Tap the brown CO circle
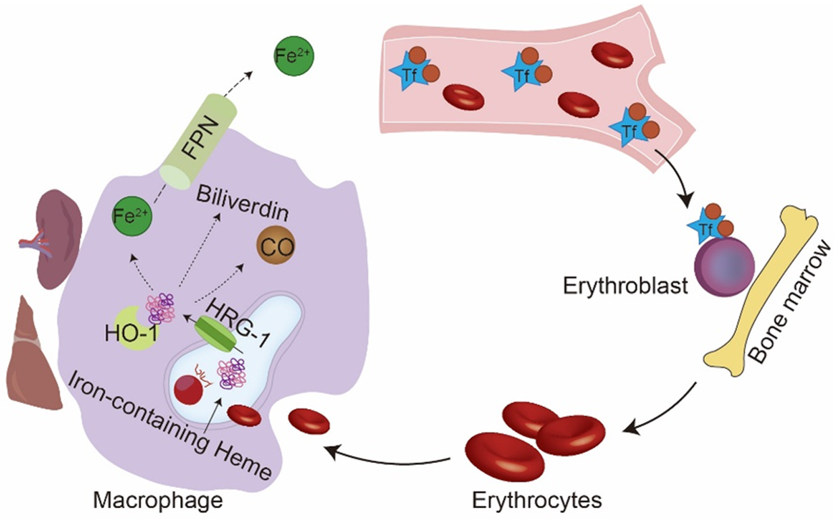[x=276, y=246]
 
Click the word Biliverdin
[x=243, y=204]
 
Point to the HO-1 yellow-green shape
[x=135, y=328]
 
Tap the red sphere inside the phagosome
[x=188, y=389]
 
